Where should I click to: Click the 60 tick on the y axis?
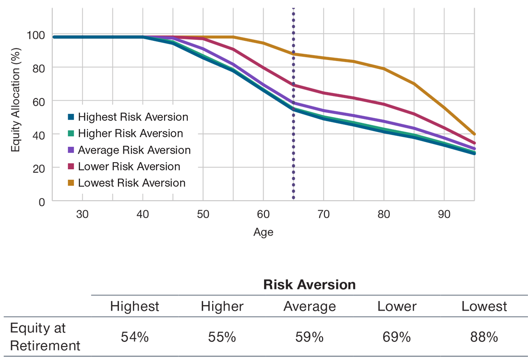[x=38, y=101]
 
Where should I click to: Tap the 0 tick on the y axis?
[x=42, y=201]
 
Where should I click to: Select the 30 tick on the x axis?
[x=82, y=214]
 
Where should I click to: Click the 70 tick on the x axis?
[x=324, y=214]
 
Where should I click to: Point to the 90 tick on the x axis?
[x=444, y=214]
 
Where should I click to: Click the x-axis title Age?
[x=263, y=233]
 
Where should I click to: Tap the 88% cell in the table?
[x=484, y=337]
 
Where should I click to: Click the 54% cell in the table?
[x=135, y=337]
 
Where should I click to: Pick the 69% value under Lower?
[x=397, y=337]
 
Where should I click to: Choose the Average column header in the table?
[x=310, y=306]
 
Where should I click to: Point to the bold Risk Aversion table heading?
[x=310, y=285]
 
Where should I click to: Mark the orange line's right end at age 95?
[x=474, y=134]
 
